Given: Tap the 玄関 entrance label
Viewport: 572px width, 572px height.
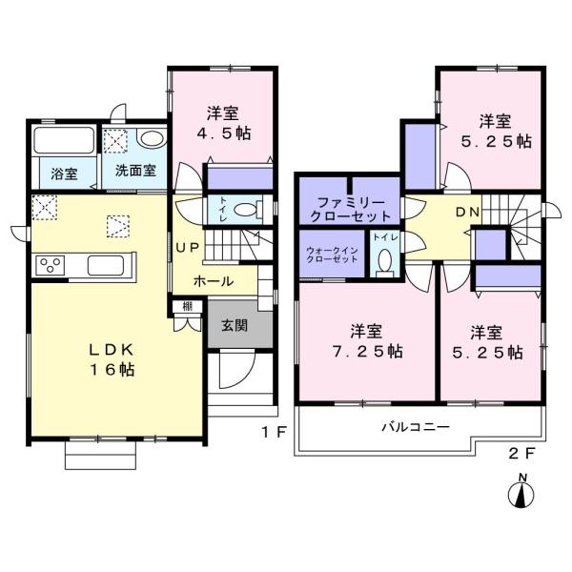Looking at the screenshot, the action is pos(235,325).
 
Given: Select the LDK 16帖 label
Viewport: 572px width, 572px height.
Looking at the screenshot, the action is pos(112,359).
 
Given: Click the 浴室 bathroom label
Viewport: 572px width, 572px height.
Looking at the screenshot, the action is pos(64,174).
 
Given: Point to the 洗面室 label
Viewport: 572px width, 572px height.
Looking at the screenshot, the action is pos(135,171).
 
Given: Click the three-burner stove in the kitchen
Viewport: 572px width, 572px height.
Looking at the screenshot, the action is pos(50,266).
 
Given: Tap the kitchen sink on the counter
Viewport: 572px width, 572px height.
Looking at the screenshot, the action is pos(106,265).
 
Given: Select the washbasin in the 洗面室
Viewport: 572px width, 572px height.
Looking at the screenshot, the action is pos(152,138).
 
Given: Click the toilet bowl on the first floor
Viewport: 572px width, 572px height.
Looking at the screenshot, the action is pos(246,210).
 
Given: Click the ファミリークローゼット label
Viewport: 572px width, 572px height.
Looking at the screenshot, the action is pos(350,210).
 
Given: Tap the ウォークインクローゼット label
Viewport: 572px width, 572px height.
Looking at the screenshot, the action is pos(332,255).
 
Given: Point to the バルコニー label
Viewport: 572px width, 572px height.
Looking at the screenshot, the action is pos(416,426).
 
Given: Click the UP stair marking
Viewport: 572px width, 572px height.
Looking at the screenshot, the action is pos(188,248).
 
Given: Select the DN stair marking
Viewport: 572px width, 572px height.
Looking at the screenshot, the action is pos(467,213).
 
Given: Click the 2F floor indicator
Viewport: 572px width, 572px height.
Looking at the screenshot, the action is pos(521,454).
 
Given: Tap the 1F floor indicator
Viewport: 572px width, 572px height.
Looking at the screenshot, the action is pos(274,432).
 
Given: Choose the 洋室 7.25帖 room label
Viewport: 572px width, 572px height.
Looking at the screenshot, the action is pos(367,341).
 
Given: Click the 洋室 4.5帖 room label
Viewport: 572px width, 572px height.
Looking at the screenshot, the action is pos(223,123).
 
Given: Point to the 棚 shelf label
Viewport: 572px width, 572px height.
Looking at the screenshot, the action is pos(188,306).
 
